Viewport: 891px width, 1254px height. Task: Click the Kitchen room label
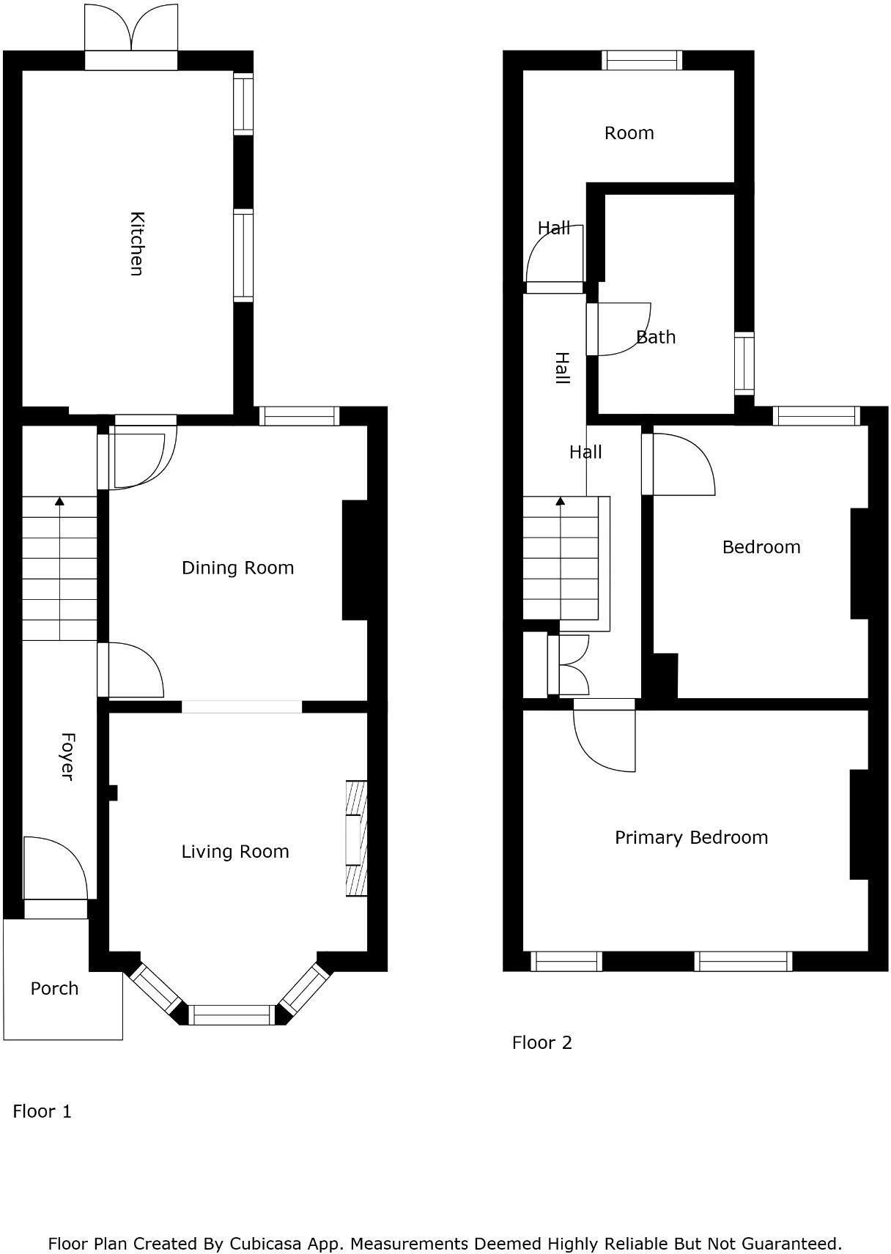136,243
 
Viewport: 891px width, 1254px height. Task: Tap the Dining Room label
237,568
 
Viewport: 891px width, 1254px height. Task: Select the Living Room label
235,851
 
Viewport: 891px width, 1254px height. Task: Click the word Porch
54,988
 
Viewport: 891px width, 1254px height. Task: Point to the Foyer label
67,756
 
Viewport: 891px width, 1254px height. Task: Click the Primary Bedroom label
691,837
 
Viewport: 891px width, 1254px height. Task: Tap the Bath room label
656,337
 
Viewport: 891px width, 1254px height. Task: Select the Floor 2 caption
541,1042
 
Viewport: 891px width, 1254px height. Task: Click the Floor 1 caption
42,1111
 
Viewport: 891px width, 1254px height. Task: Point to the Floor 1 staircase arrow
59,502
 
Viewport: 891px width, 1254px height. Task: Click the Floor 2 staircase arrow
561,502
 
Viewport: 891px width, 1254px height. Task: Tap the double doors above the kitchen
131,28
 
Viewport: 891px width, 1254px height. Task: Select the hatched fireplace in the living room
356,839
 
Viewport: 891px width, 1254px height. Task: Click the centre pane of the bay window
232,1014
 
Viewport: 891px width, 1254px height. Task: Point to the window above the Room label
642,60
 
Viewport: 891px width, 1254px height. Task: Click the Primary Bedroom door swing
604,740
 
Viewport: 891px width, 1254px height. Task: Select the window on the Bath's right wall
744,363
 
